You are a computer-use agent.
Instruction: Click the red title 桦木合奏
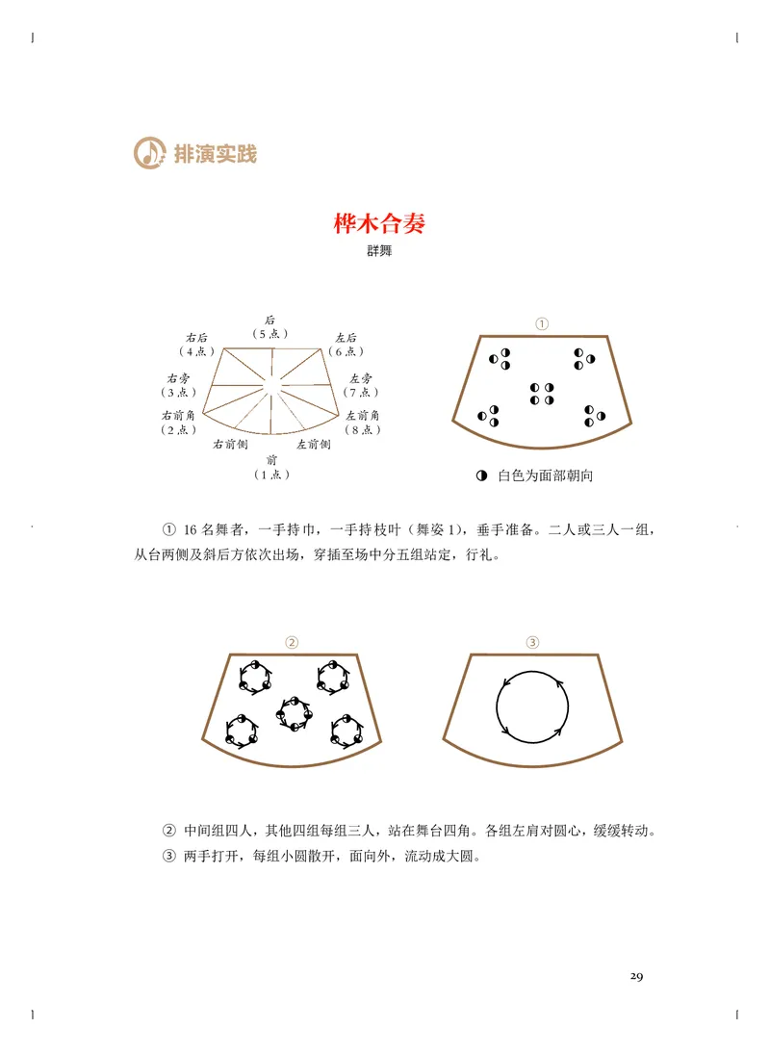tap(379, 224)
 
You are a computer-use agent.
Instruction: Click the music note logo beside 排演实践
tap(149, 152)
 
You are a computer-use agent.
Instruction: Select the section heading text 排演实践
tap(216, 153)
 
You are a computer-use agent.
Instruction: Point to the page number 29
tap(636, 976)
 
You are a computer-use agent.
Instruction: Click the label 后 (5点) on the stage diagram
tap(270, 326)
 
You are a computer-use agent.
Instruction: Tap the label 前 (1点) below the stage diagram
tap(270, 467)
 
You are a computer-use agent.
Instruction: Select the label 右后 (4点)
tap(197, 345)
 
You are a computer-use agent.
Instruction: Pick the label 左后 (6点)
tap(346, 345)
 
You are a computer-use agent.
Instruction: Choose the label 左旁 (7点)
tap(361, 385)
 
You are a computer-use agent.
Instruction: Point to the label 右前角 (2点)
tap(179, 422)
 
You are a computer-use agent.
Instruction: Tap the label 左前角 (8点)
tap(363, 422)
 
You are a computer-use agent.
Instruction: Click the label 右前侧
tap(230, 444)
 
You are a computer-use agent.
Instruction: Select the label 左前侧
tap(314, 444)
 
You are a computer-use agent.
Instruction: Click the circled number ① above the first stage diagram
tap(542, 324)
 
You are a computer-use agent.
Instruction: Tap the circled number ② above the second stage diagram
tap(293, 642)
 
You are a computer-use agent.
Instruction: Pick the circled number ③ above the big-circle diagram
tap(532, 642)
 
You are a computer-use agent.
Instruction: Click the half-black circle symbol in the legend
tap(481, 475)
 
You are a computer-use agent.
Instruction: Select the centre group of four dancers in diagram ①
tap(542, 393)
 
